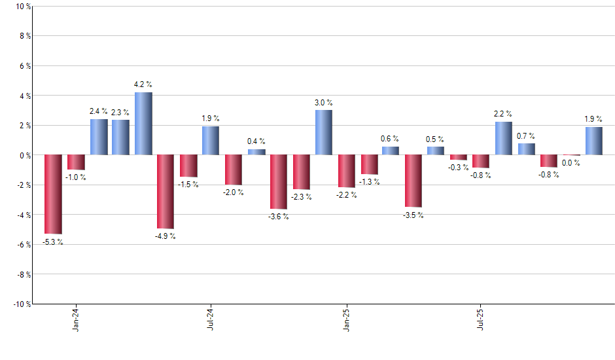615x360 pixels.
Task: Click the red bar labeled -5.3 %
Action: click(53, 194)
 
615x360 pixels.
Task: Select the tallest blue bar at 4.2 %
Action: click(143, 124)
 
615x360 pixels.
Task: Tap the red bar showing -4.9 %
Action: click(165, 192)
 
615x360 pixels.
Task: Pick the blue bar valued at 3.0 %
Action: click(324, 133)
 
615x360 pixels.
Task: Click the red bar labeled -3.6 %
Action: click(279, 182)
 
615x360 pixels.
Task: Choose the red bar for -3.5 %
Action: click(413, 181)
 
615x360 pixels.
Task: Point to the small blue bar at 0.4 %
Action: click(256, 152)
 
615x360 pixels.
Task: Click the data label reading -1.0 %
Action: click(76, 177)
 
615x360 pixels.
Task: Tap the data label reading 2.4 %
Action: click(99, 111)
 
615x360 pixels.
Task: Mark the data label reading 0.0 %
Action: click(571, 163)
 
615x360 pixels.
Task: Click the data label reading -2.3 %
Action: click(301, 196)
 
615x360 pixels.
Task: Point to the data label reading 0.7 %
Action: click(526, 135)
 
